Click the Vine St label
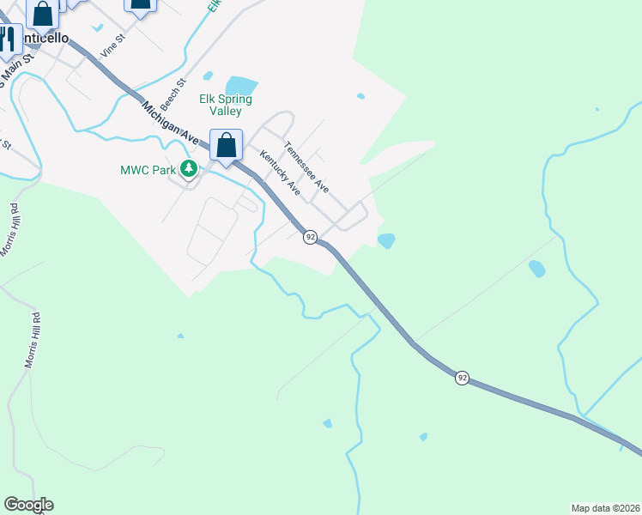point(113,45)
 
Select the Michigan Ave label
point(171,124)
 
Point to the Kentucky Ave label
point(280,173)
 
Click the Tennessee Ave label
point(307,167)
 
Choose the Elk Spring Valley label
point(227,105)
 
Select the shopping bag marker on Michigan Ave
point(227,146)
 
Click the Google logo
point(28,505)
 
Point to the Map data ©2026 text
point(605,507)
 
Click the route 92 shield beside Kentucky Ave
point(310,236)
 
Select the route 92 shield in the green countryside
point(462,378)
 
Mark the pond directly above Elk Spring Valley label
point(241,86)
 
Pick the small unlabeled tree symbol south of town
point(180,336)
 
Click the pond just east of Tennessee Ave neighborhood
point(386,241)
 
